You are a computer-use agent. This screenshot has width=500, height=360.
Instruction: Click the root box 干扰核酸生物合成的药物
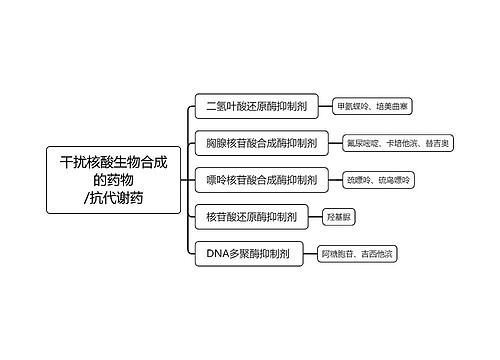click(114, 179)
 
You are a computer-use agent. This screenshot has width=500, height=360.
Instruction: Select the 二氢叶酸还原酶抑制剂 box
click(257, 105)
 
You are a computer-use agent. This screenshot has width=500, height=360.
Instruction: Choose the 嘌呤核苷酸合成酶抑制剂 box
click(261, 180)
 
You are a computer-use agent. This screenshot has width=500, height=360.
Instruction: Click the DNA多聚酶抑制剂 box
click(247, 254)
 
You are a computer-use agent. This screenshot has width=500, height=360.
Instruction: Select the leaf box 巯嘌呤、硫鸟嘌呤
click(378, 180)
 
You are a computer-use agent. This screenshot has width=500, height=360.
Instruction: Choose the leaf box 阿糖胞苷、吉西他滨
click(357, 254)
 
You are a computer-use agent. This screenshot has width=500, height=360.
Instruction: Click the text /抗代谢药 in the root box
click(114, 198)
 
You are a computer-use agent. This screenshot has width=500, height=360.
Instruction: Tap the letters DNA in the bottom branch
click(219, 254)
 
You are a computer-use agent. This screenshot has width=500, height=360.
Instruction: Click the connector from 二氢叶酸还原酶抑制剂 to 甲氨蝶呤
click(327, 105)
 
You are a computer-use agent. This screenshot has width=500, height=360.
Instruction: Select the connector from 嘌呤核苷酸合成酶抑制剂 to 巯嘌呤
click(333, 180)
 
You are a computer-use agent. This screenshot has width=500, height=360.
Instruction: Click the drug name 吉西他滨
click(378, 254)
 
